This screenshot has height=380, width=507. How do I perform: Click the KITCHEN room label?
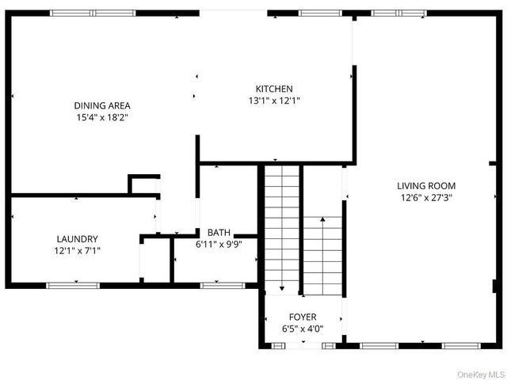(x=274, y=89)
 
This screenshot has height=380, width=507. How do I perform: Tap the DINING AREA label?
(x=102, y=105)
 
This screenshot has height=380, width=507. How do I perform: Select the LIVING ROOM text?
(x=426, y=186)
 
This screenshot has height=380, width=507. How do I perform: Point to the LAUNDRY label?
(x=77, y=238)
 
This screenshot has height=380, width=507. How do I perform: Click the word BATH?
(x=219, y=233)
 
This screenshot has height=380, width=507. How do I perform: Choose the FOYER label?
(x=302, y=316)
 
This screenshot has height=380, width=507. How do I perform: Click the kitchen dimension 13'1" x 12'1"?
(x=274, y=101)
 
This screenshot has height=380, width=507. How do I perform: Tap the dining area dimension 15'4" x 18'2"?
(x=102, y=117)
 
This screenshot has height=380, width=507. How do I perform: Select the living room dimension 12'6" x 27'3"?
(x=426, y=198)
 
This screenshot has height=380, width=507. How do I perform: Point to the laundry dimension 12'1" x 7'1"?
(x=77, y=250)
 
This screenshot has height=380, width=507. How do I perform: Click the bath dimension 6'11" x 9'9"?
(x=219, y=245)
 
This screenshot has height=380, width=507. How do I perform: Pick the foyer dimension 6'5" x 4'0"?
(x=302, y=328)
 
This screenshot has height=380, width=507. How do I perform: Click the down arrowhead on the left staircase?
(x=281, y=290)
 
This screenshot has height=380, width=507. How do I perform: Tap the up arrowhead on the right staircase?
(x=323, y=218)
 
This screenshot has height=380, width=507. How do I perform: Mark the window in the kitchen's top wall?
(x=320, y=13)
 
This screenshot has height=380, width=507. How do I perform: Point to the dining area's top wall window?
(x=93, y=13)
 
